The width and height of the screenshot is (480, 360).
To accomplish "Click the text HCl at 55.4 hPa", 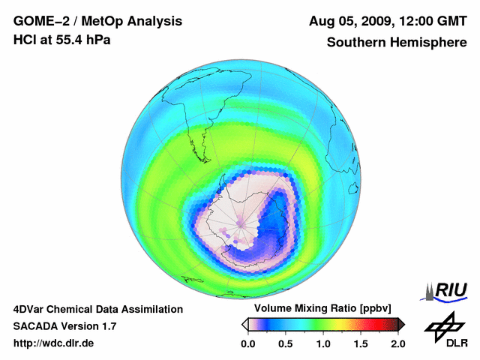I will click(x=62, y=40).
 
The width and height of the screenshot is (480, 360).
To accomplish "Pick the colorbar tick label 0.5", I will click(x=286, y=344).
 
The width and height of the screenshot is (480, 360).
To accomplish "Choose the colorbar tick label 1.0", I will click(x=323, y=344).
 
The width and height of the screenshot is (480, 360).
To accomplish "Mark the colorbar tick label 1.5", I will click(x=361, y=344).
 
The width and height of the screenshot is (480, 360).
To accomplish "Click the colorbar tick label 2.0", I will click(x=397, y=344).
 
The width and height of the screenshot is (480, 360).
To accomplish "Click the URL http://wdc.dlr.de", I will click(x=54, y=344).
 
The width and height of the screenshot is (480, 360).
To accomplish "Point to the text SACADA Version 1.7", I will click(x=64, y=326).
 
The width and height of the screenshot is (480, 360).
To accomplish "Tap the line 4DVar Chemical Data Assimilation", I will click(x=97, y=309).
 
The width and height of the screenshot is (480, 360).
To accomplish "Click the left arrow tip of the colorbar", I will click(x=243, y=324).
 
